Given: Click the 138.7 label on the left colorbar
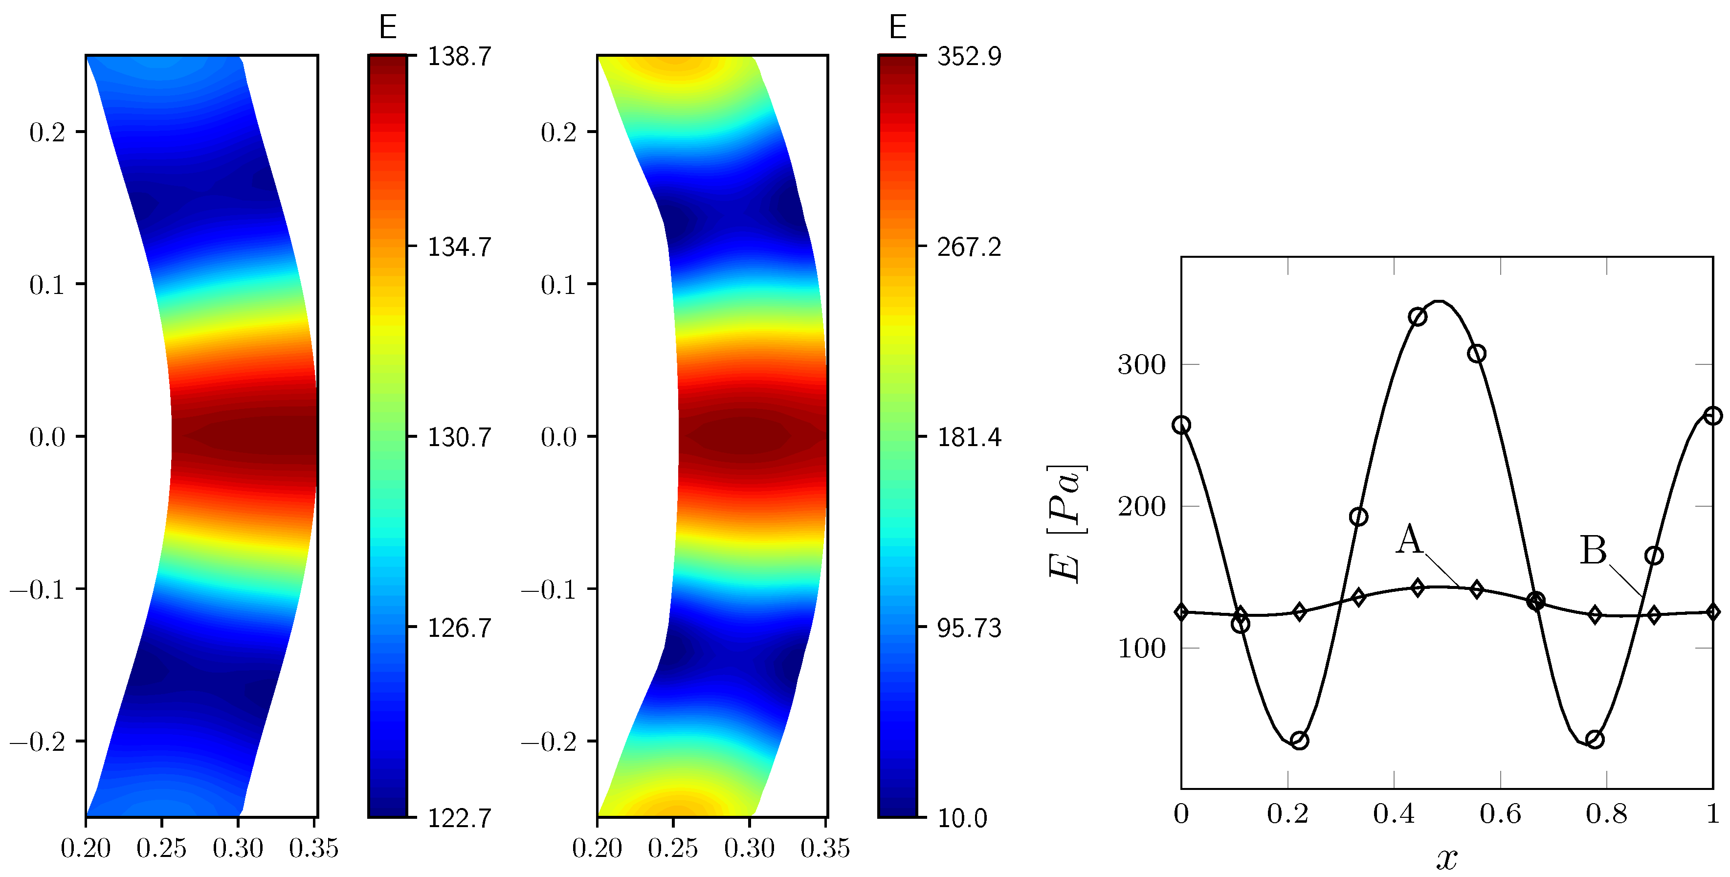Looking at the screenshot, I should [459, 56].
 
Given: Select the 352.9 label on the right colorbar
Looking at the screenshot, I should [969, 56].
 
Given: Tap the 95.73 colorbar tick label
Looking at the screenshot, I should [969, 629].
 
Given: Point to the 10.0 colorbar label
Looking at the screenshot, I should [962, 818].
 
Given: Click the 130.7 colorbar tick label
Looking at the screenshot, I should [459, 437].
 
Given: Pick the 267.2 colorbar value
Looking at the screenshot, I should [969, 247].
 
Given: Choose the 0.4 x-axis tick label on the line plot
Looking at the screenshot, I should [1394, 814].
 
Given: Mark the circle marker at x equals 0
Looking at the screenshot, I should [1181, 425].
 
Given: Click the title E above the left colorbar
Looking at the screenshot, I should [387, 27].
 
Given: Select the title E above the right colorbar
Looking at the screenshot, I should [898, 27].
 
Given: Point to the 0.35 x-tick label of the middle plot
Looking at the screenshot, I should [825, 849].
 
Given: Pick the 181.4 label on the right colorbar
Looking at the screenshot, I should [969, 437].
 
